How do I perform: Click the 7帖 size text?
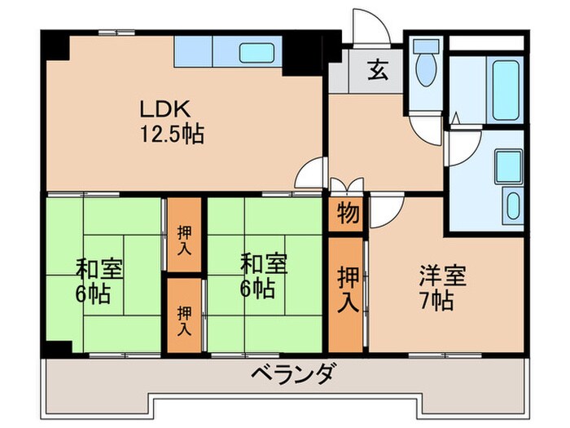pyautogui.click(x=432, y=300)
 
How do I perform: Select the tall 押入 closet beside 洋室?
pyautogui.click(x=349, y=289)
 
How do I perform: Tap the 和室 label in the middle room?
pyautogui.click(x=263, y=264)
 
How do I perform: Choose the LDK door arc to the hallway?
pyautogui.click(x=311, y=173)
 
